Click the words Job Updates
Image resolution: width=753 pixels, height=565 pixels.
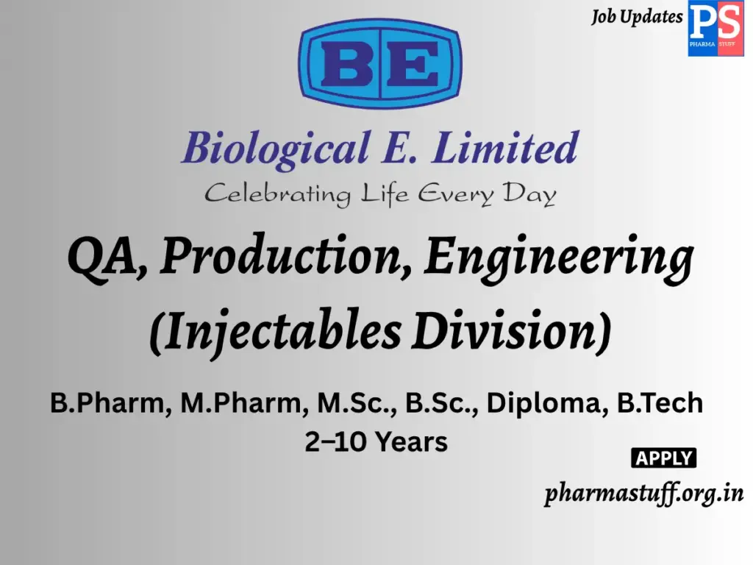[637, 17]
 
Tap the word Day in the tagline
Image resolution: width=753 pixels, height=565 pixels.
[529, 195]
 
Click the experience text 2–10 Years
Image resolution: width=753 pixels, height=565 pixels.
[376, 442]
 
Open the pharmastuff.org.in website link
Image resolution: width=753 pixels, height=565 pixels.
[643, 494]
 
